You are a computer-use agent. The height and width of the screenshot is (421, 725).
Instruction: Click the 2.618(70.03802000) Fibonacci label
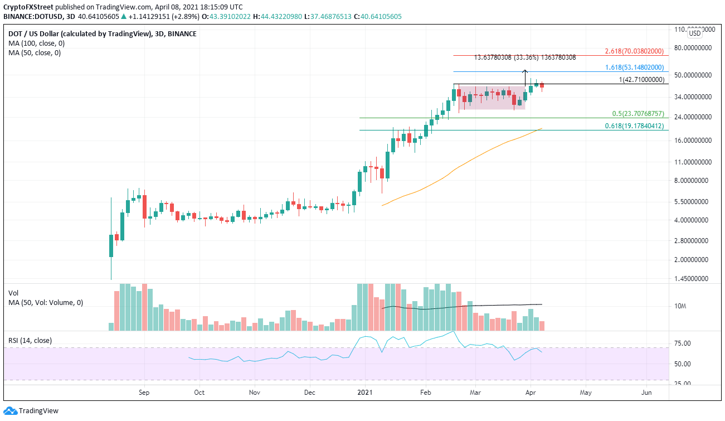tap(634, 51)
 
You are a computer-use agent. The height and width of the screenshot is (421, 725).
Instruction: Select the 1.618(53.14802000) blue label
tap(634, 67)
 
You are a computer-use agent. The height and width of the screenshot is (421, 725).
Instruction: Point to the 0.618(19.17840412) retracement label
tap(634, 126)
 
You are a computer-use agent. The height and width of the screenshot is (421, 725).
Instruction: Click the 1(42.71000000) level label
tap(643, 80)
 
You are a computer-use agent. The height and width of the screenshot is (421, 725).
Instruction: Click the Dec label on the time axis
tap(310, 392)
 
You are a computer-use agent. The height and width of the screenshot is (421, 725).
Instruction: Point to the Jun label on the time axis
tap(646, 392)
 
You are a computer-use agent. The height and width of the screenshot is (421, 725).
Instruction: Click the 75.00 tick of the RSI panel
tap(682, 343)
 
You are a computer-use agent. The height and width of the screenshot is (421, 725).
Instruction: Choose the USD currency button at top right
tap(695, 33)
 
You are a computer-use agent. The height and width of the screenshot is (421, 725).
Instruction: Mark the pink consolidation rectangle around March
tap(492, 98)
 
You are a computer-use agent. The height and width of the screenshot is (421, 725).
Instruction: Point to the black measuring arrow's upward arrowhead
tap(525, 71)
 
